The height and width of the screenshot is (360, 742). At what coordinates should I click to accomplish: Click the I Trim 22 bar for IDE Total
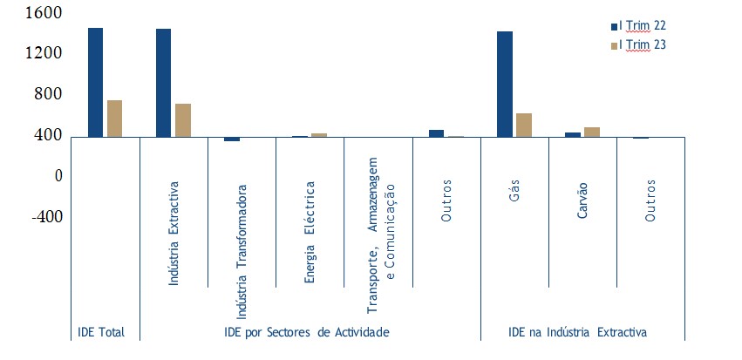[x=95, y=82]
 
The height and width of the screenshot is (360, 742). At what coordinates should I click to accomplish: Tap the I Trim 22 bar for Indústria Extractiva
[x=163, y=82]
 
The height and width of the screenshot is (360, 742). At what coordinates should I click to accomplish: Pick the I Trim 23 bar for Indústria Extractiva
[x=182, y=119]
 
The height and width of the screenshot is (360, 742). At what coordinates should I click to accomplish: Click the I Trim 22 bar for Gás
[x=504, y=84]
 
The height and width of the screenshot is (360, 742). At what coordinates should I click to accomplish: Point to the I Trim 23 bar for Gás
[x=523, y=125]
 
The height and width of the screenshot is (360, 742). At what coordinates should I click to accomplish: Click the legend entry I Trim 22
[x=642, y=27]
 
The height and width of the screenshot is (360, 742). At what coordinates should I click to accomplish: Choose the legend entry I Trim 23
[x=642, y=44]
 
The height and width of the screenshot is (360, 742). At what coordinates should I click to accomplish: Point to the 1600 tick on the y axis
[x=44, y=13]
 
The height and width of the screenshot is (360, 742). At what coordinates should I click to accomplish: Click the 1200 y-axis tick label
[x=44, y=53]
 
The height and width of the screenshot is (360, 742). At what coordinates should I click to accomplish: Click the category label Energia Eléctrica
[x=310, y=232]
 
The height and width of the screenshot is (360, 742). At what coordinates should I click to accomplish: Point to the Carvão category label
[x=582, y=200]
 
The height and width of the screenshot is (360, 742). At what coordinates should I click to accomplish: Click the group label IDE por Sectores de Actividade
[x=306, y=332]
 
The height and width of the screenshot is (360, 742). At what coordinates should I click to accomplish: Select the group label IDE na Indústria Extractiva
[x=577, y=332]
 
